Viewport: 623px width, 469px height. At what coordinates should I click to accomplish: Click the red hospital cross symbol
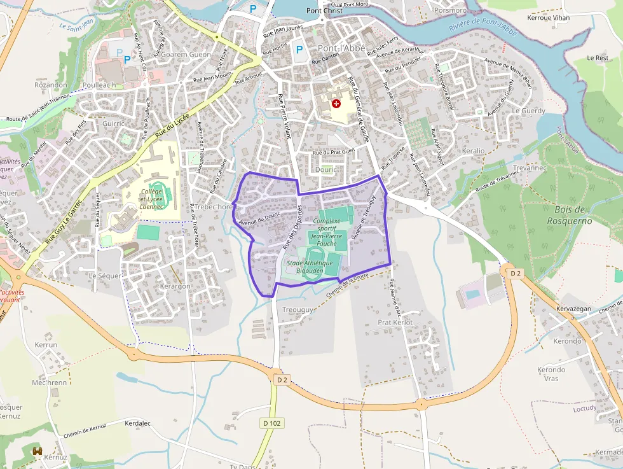click(336, 103)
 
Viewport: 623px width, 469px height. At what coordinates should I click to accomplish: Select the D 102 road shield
click(272, 423)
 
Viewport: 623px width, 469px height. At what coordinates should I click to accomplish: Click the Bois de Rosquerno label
click(570, 215)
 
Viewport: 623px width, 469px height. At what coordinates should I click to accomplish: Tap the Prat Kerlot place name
click(395, 323)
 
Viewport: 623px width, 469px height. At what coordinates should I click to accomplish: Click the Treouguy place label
click(298, 309)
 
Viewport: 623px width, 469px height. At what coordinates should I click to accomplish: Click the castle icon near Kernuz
click(38, 451)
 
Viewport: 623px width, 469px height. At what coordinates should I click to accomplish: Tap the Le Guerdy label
click(528, 111)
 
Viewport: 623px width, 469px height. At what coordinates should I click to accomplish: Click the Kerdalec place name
click(138, 423)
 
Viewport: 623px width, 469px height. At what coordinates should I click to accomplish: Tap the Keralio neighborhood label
click(474, 151)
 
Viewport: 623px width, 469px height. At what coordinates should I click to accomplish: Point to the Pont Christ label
click(324, 11)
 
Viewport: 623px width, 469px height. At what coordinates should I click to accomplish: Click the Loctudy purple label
click(585, 408)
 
